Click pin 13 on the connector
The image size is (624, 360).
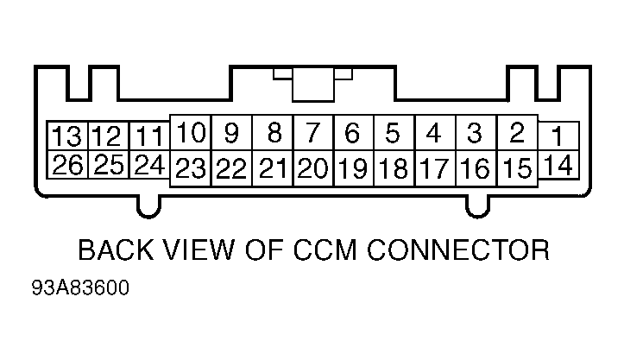(67, 136)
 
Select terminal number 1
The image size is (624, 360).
(558, 136)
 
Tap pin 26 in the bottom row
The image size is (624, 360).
(67, 165)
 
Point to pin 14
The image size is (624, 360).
(558, 165)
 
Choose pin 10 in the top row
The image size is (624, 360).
(191, 133)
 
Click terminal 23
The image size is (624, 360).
(191, 168)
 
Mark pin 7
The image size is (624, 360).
(313, 133)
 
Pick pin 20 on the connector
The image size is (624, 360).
(313, 168)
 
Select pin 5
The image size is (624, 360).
(394, 133)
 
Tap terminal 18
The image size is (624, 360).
(394, 168)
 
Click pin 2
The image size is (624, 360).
(517, 133)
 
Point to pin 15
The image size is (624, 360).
(517, 168)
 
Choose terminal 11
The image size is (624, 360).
(149, 136)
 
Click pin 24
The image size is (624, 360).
(149, 165)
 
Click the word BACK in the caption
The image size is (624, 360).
(117, 250)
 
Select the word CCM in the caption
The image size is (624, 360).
(325, 250)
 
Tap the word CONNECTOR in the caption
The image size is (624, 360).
(458, 250)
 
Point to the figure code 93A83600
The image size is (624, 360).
(80, 287)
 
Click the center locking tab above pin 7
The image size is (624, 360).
(312, 85)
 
